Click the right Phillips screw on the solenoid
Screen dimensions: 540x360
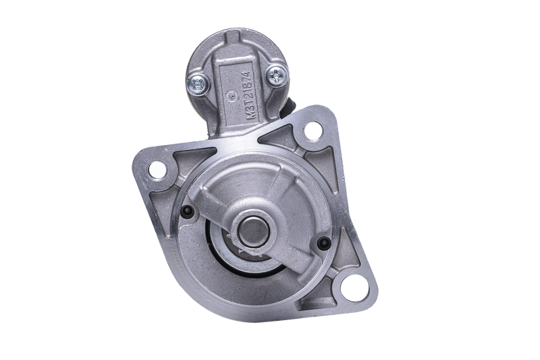(x=277, y=74)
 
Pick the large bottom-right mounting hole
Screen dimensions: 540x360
(x=350, y=286)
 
